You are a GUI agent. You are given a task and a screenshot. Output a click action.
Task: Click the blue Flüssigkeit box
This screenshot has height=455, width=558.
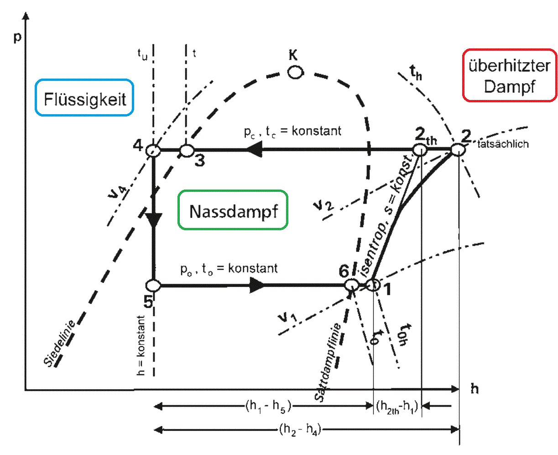[85, 98]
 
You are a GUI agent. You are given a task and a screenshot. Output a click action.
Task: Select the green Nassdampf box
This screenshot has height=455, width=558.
[233, 211]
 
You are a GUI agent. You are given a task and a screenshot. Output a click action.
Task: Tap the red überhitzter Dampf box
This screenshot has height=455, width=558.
[509, 75]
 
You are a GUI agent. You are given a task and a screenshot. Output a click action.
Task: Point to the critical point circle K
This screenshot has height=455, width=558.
[295, 72]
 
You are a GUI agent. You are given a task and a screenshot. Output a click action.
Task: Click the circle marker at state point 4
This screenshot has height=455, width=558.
[153, 150]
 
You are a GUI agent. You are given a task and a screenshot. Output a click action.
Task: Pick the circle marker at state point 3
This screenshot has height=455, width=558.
[187, 150]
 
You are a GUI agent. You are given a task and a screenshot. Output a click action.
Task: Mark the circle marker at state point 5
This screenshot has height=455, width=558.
[153, 286]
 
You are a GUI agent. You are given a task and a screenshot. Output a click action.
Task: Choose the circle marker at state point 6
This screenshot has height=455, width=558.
[351, 285]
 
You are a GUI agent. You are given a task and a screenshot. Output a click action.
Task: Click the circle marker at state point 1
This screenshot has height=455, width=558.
[373, 285]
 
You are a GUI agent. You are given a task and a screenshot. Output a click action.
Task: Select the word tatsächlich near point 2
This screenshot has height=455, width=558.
[503, 144]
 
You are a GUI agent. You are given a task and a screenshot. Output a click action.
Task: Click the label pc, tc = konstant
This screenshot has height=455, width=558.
[292, 132]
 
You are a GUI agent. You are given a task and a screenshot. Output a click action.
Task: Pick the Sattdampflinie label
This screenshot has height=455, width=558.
[327, 363]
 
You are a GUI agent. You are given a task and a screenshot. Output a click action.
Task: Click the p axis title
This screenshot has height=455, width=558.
[17, 37]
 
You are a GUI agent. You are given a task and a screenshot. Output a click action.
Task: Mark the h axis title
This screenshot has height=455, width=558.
[475, 389]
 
